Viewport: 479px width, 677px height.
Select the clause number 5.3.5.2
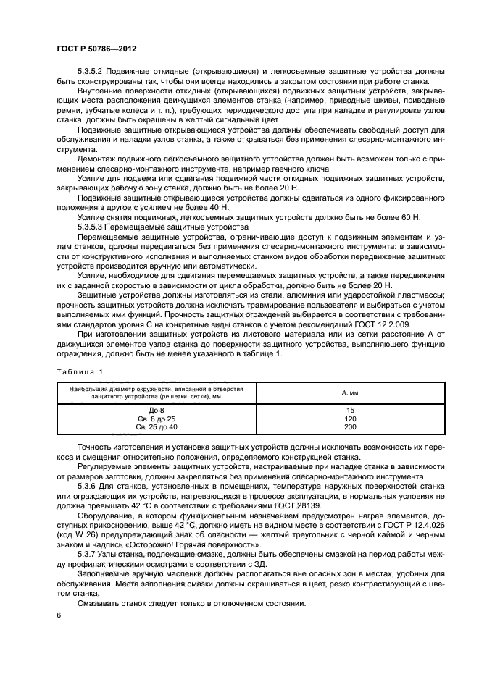click(x=93, y=72)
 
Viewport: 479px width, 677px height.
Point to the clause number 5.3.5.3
click(x=93, y=226)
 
